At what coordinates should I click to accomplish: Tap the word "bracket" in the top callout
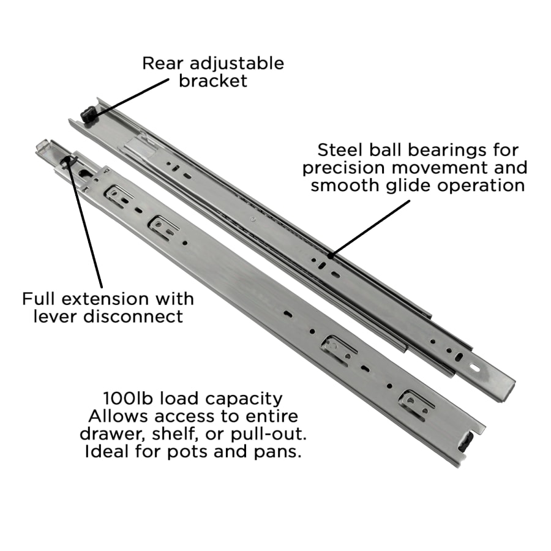point(213,81)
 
